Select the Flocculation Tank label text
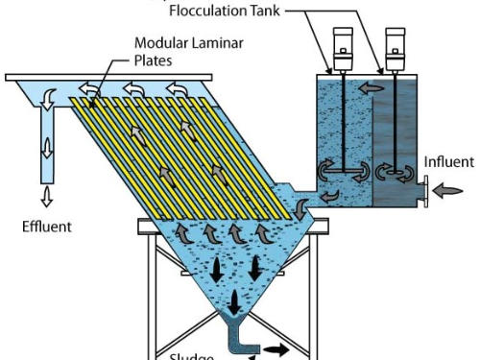point(235,12)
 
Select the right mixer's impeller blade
point(394,174)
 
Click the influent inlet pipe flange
point(422,191)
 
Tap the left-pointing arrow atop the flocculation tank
point(366,86)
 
